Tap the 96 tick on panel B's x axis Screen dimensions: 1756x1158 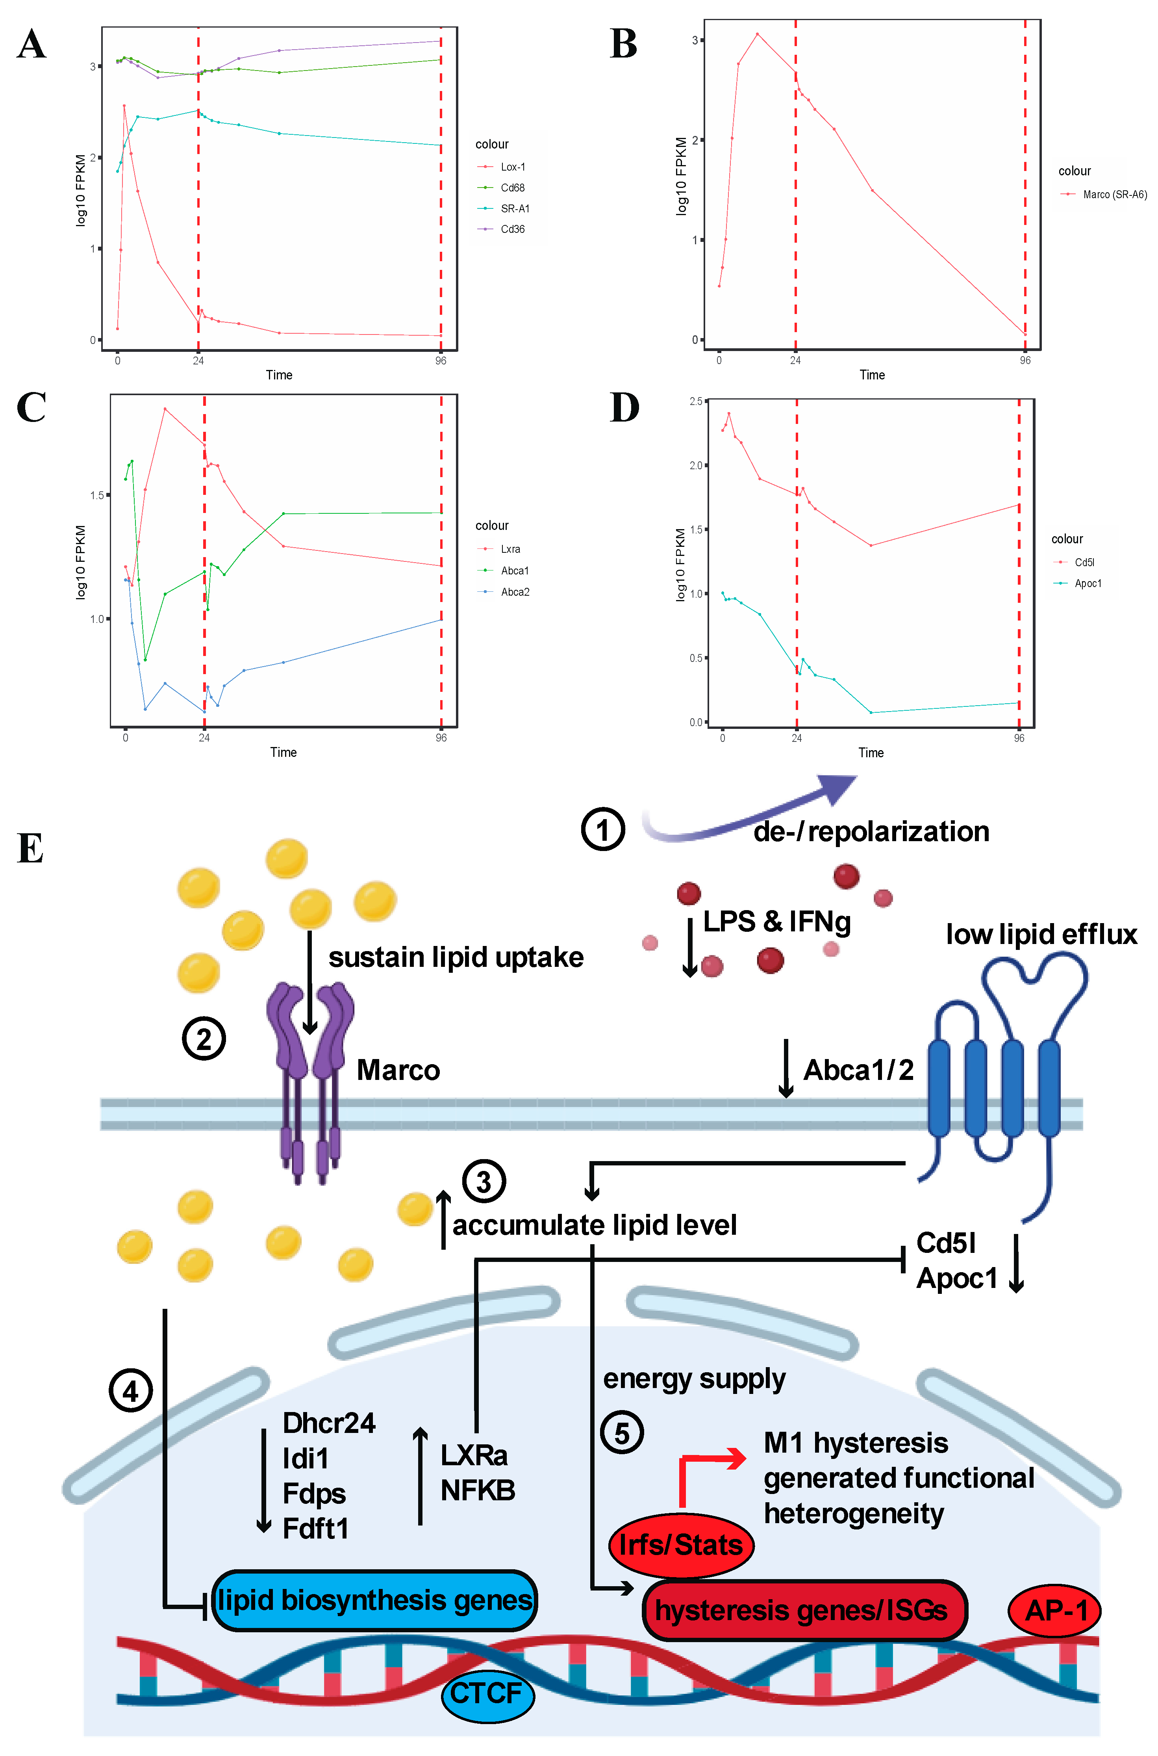click(1025, 360)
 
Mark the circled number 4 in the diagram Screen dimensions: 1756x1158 click(131, 1392)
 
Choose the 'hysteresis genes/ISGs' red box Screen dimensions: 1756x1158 click(804, 1611)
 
